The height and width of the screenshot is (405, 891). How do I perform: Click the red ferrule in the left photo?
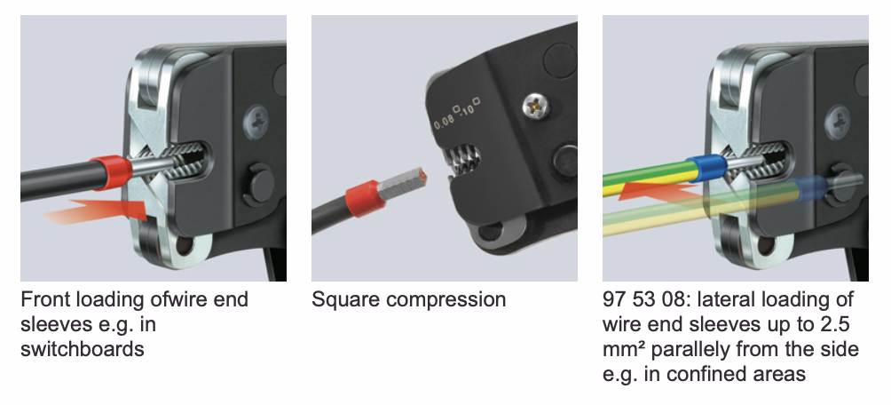point(110,171)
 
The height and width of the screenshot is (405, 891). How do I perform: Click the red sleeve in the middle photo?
point(363,199)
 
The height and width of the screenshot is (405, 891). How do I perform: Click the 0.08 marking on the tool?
point(445,121)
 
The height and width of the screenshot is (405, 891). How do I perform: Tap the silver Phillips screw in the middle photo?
point(536,106)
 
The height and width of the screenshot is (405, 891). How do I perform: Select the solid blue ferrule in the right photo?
point(706,169)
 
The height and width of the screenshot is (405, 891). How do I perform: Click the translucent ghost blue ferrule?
point(806,189)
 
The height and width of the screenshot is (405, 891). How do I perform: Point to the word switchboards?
point(83,349)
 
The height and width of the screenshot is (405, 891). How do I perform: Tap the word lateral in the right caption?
point(724,299)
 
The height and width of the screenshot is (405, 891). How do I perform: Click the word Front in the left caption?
point(45,299)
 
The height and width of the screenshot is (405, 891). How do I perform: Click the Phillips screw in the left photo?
point(256,122)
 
